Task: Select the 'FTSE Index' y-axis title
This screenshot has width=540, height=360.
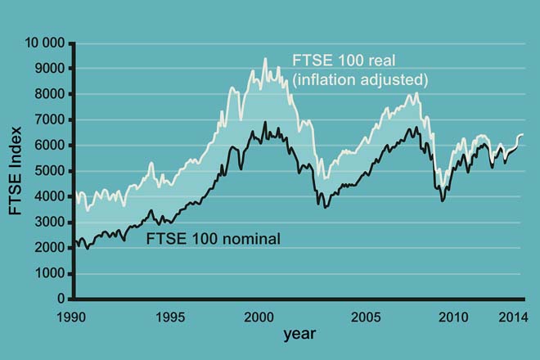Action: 16,170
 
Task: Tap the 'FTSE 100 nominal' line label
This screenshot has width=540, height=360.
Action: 213,240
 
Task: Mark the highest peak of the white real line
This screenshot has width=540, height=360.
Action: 264,58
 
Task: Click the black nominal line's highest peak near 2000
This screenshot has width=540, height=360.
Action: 264,123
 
